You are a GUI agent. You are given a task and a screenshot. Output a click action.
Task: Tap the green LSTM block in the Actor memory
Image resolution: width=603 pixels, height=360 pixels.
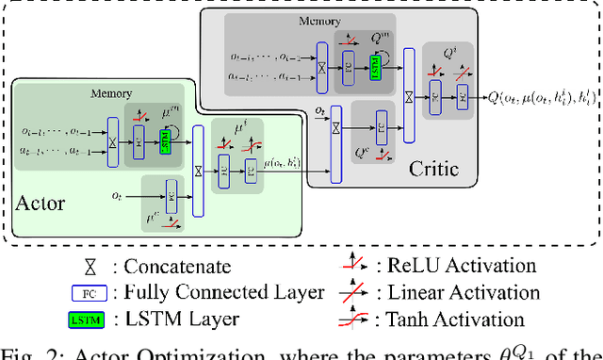pos(165,141)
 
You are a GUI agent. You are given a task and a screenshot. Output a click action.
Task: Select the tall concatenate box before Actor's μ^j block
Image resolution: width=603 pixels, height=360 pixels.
pos(197,171)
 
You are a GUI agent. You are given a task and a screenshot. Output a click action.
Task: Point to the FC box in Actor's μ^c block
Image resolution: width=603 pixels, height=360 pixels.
pos(172,199)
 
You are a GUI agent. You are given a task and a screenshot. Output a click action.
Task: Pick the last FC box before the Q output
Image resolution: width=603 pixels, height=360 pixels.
pos(463,95)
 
